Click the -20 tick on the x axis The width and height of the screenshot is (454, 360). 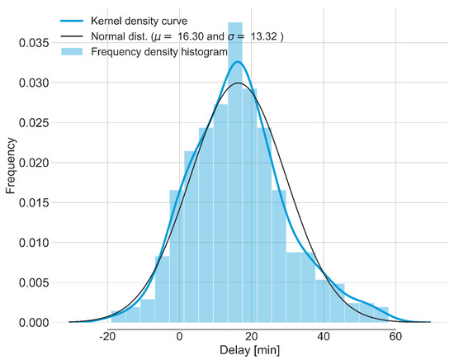coord(106,335)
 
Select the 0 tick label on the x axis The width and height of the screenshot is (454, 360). coord(180,335)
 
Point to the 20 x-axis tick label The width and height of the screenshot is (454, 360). coord(252,335)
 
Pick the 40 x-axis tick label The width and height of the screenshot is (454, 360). coord(324,335)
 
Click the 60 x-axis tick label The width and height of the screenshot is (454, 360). coord(395,335)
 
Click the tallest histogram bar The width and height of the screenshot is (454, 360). coord(235,165)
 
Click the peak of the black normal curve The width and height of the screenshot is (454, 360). coord(239,83)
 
